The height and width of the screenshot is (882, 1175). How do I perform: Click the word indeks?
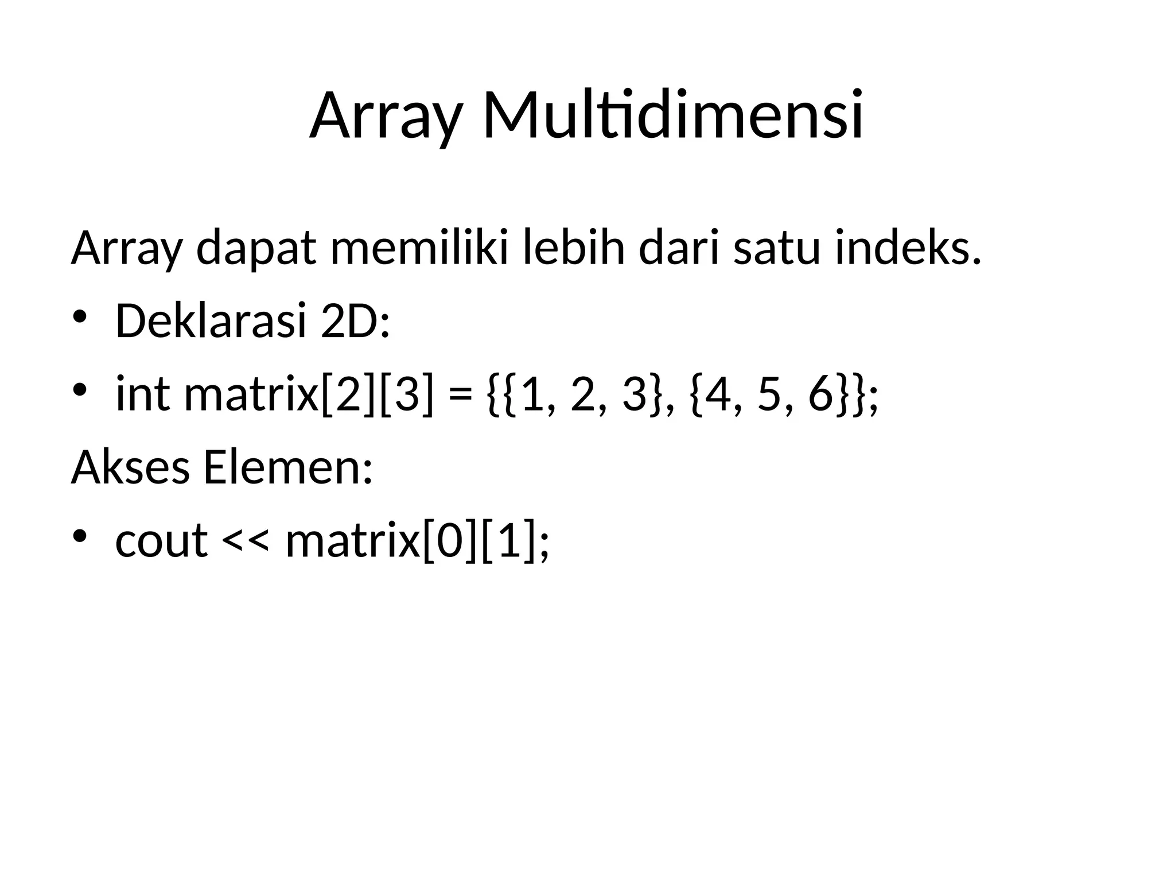click(908, 248)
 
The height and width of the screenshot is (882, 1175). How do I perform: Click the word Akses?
click(130, 467)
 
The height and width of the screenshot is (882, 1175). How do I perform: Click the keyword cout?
click(161, 541)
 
